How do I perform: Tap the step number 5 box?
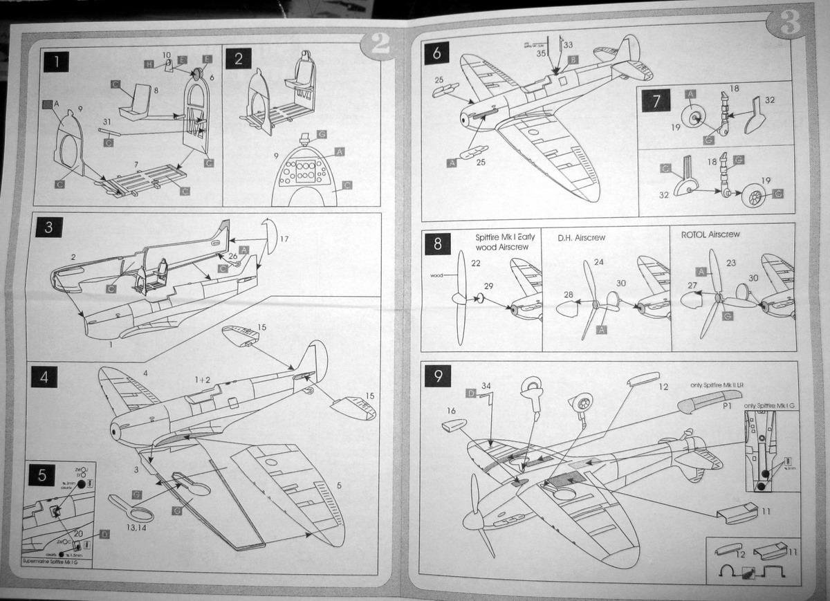click(42, 475)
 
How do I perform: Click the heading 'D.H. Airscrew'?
click(581, 237)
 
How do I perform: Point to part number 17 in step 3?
click(284, 239)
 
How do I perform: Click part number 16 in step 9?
click(452, 410)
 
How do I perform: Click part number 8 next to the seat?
click(156, 89)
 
